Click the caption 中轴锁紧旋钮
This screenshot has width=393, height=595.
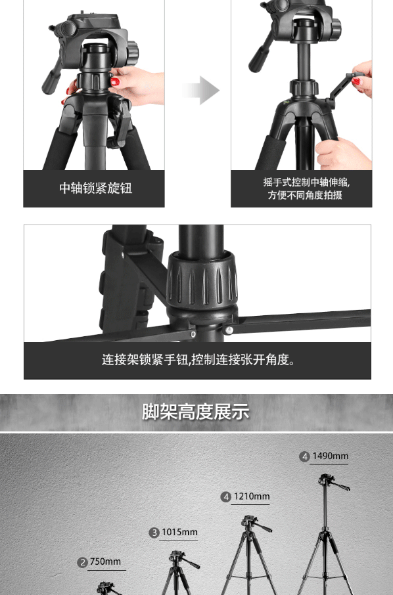pos(96,188)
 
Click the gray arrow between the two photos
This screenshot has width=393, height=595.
pos(201,90)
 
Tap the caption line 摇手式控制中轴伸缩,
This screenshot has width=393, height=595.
pos(307,182)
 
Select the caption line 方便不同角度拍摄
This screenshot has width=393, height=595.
pos(305,195)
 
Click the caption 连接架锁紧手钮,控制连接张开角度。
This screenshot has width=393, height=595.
pos(198,359)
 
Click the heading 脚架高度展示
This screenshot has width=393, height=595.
pos(196,412)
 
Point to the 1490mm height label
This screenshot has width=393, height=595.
pos(330,456)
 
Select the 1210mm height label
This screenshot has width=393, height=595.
pos(251,496)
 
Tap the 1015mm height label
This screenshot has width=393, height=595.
pos(179,532)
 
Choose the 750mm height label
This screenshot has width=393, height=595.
pos(105,562)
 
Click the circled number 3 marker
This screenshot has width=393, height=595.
pos(154,533)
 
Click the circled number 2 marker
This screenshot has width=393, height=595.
pos(82,562)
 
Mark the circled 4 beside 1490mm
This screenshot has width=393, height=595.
pos(304,456)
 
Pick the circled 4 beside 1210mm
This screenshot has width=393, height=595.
pos(226,496)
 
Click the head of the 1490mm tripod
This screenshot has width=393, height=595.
pos(331,482)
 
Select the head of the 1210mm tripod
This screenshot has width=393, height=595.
pos(254,523)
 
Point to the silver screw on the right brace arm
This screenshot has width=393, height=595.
pos(229,330)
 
